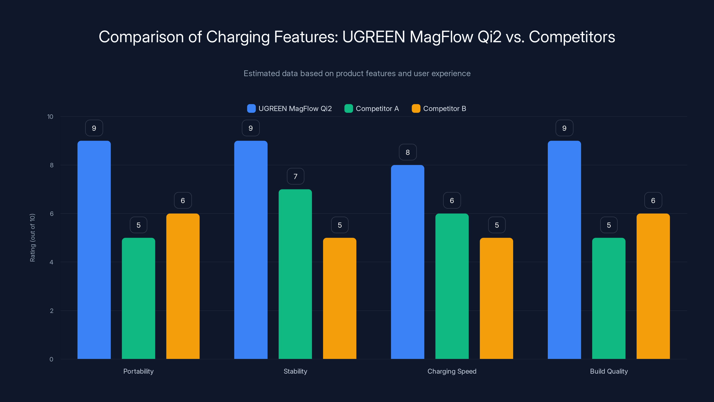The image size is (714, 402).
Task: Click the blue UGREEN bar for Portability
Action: click(94, 250)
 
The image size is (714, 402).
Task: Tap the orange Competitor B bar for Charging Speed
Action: click(496, 298)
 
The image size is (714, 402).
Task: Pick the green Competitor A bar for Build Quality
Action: click(609, 298)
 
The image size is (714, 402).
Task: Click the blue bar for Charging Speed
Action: click(407, 262)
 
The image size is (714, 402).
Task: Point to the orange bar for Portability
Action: click(183, 286)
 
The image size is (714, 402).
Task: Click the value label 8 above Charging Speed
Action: click(407, 152)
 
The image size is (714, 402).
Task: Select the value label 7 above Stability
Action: click(295, 176)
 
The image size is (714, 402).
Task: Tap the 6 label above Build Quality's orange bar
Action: click(653, 200)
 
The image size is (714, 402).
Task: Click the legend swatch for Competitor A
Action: click(348, 109)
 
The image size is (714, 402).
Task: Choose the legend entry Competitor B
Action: click(444, 109)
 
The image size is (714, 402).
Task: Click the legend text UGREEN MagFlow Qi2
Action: click(295, 109)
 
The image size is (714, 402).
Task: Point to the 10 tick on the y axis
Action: click(50, 117)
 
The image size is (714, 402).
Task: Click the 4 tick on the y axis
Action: click(51, 262)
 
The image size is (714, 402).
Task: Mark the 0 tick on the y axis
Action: click(51, 359)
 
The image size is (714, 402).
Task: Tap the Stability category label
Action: click(295, 371)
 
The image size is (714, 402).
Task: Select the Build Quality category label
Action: click(609, 371)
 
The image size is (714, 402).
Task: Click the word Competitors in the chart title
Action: click(572, 37)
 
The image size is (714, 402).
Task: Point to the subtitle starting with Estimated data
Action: click(357, 73)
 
